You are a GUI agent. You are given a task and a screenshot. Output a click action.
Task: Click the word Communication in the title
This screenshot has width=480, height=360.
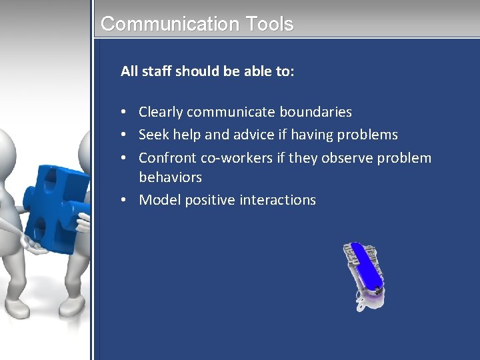pyautogui.click(x=169, y=24)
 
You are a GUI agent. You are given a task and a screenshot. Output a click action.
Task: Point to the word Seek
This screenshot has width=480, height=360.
pyautogui.click(x=153, y=135)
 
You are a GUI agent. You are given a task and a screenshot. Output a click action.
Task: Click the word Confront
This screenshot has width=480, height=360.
pyautogui.click(x=167, y=158)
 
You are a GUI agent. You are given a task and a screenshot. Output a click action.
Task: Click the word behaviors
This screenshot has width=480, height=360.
pyautogui.click(x=170, y=177)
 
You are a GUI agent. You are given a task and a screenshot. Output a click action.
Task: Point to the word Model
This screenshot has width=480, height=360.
pyautogui.click(x=159, y=200)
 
